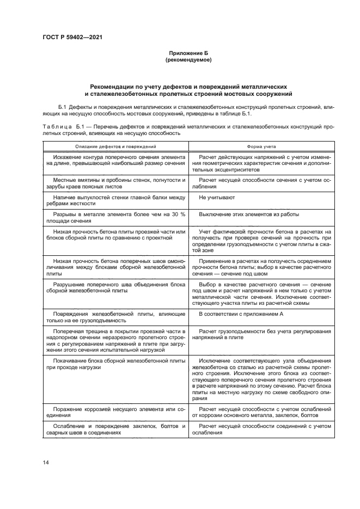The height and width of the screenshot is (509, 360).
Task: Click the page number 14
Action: [x=46, y=462]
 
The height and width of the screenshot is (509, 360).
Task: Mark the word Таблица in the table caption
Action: [x=55, y=126]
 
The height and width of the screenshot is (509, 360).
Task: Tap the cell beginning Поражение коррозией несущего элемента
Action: [x=116, y=411]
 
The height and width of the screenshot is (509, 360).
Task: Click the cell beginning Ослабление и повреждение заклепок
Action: [x=116, y=428]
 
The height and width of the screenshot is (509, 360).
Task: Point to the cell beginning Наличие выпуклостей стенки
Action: [x=116, y=201]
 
